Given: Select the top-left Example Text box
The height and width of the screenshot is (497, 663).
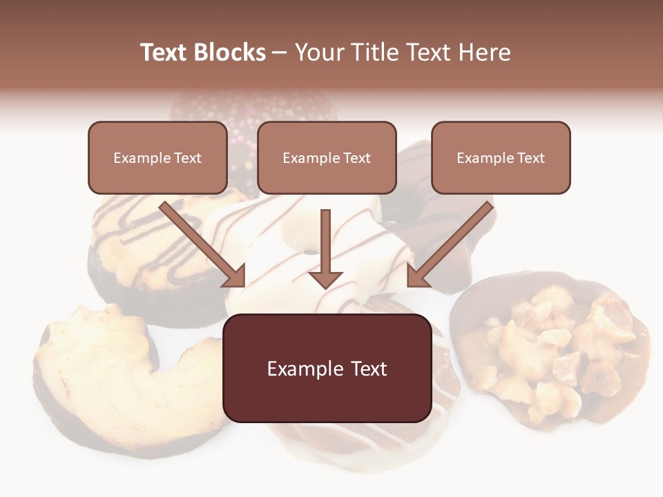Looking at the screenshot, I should [157, 157].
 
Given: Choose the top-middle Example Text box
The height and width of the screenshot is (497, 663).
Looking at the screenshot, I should [327, 157].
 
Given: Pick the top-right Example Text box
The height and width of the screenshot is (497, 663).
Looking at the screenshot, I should [501, 157].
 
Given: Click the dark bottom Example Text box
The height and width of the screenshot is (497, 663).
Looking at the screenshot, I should [327, 369].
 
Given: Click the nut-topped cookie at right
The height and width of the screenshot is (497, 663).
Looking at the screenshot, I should [552, 352].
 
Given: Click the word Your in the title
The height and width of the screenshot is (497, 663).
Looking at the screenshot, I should [318, 52].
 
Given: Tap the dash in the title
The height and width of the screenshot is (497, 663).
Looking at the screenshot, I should [280, 52].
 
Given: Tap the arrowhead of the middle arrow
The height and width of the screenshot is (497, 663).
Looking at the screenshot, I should [325, 279].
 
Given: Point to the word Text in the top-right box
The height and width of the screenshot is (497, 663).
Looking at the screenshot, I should [530, 157].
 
